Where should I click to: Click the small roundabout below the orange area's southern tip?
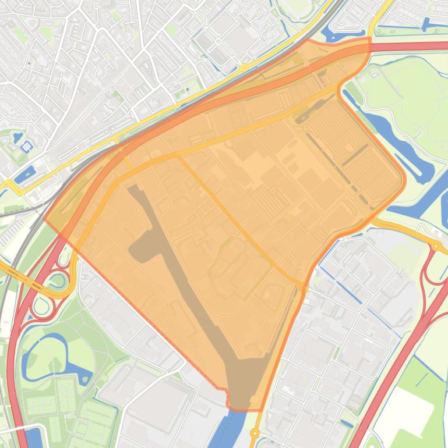coord(254,433)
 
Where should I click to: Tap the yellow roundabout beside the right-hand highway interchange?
coord(435,247)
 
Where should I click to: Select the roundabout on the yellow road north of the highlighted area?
coord(243,67)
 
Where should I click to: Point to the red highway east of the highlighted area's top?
coord(408,46)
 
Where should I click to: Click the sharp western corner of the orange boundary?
coord(45,219)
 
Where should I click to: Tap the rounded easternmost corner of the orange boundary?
coord(402,180)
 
